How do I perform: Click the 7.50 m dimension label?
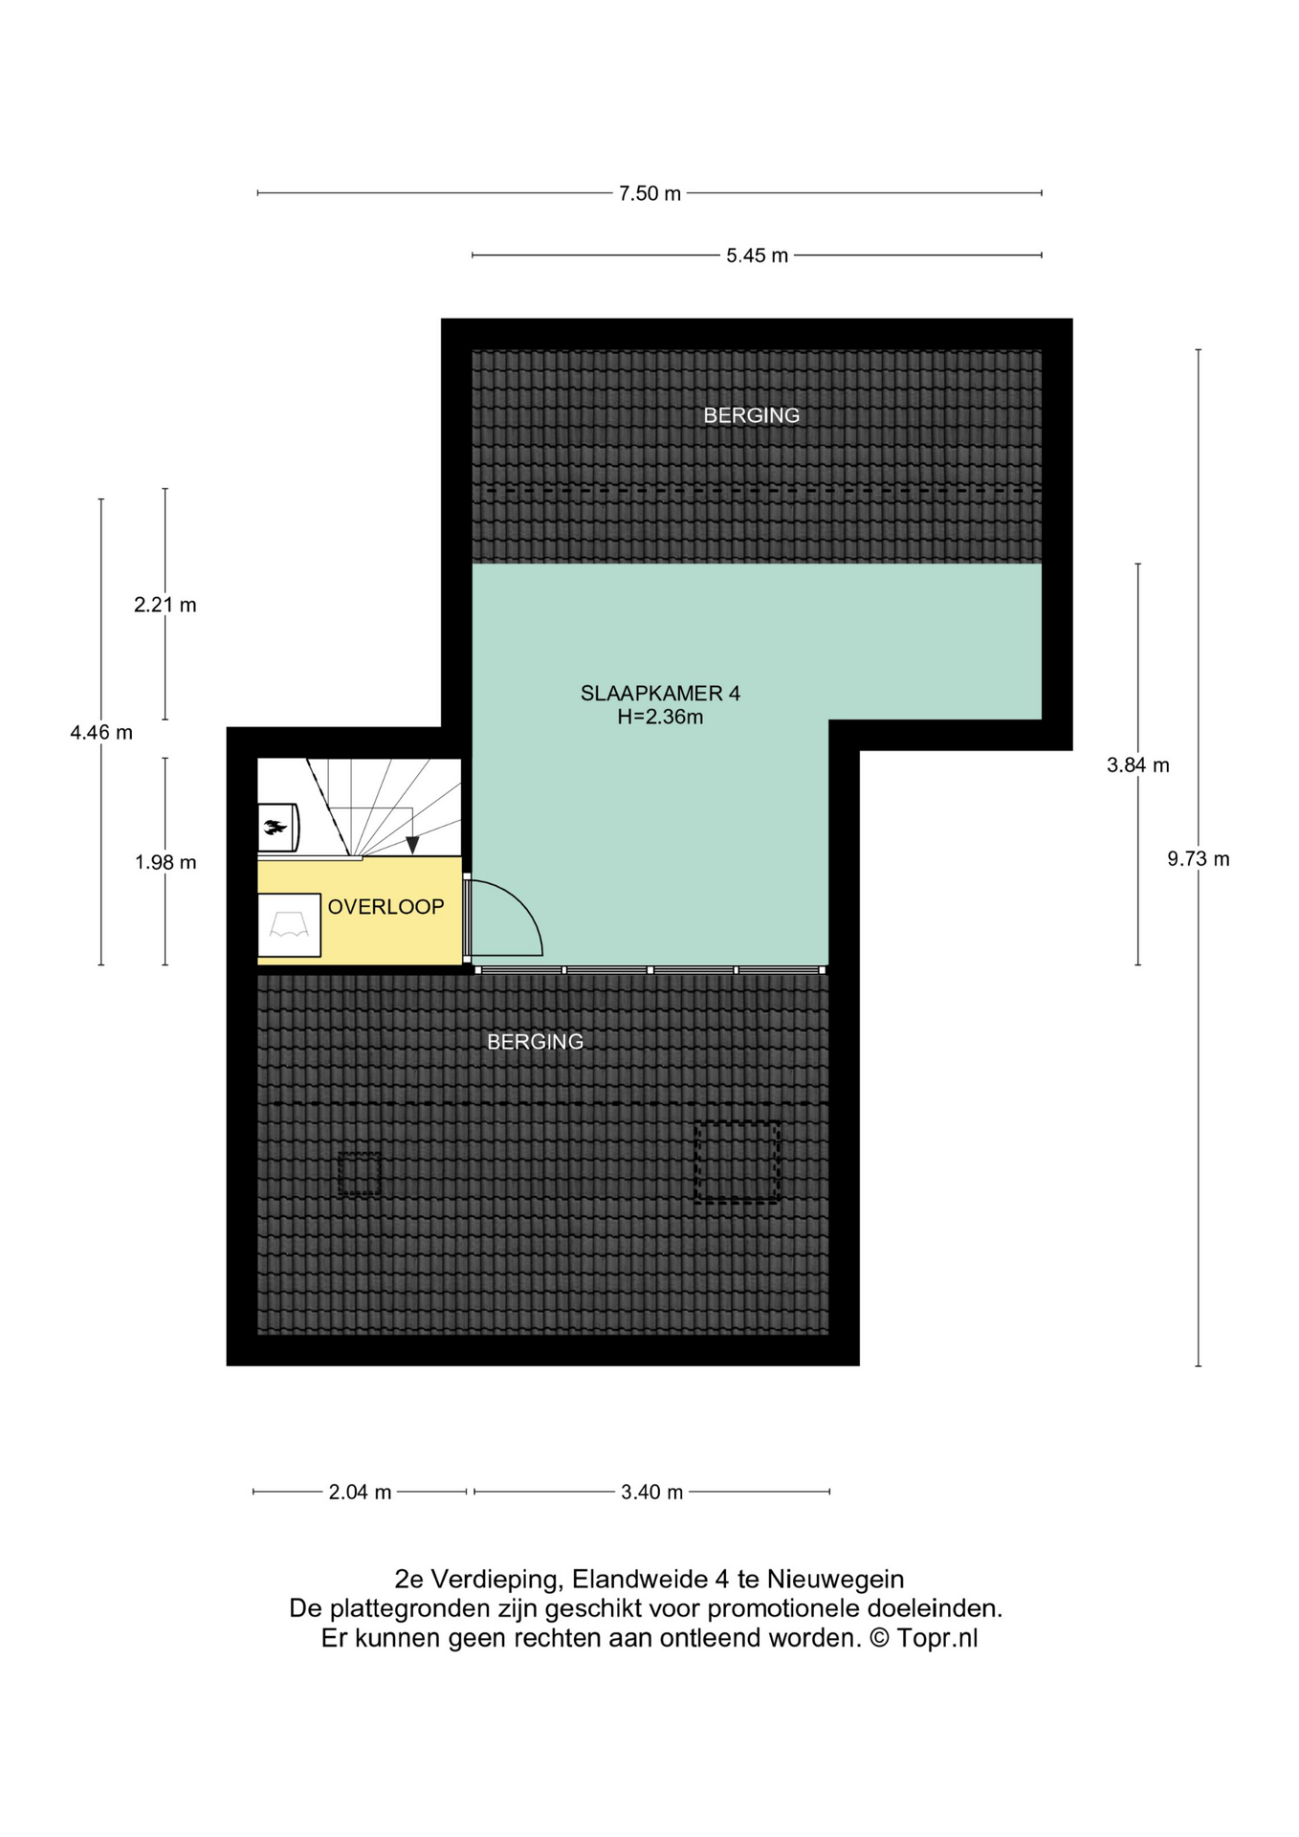[649, 193]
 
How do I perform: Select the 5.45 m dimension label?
[757, 255]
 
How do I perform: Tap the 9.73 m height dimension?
[1198, 859]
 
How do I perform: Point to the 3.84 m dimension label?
[1137, 765]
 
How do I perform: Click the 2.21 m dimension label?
[165, 605]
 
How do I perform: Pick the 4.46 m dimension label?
[101, 733]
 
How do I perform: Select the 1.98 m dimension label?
[165, 862]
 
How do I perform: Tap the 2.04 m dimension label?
[360, 1492]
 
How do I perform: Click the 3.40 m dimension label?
[651, 1492]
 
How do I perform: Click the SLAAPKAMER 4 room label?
[660, 693]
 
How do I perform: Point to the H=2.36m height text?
[660, 717]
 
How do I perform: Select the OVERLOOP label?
[385, 907]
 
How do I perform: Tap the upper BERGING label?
[751, 415]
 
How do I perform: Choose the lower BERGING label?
[535, 1042]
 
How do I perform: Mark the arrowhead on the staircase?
[412, 846]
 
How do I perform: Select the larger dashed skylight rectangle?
[737, 1162]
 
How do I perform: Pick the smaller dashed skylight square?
[359, 1174]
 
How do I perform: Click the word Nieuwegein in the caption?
[835, 1579]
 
